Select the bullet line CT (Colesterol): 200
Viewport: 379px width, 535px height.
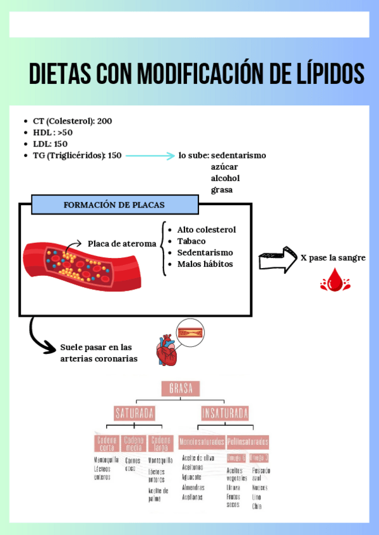point(73,121)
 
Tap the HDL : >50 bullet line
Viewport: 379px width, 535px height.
point(53,132)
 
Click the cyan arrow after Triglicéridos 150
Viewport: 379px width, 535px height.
point(150,155)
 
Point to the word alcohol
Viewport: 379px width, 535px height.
point(225,178)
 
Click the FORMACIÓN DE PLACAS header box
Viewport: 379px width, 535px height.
point(114,204)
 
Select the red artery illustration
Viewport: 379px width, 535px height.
point(76,259)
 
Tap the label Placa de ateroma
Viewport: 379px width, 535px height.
point(122,244)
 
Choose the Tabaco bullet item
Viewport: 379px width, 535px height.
point(191,241)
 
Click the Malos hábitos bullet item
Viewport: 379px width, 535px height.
point(205,264)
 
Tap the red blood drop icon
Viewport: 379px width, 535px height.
point(331,280)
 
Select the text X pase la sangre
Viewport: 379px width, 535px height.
point(333,258)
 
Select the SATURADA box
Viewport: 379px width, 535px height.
point(135,413)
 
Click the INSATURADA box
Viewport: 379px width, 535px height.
point(225,413)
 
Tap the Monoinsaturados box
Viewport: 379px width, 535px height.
point(202,441)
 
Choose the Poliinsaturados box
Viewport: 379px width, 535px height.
point(248,441)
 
